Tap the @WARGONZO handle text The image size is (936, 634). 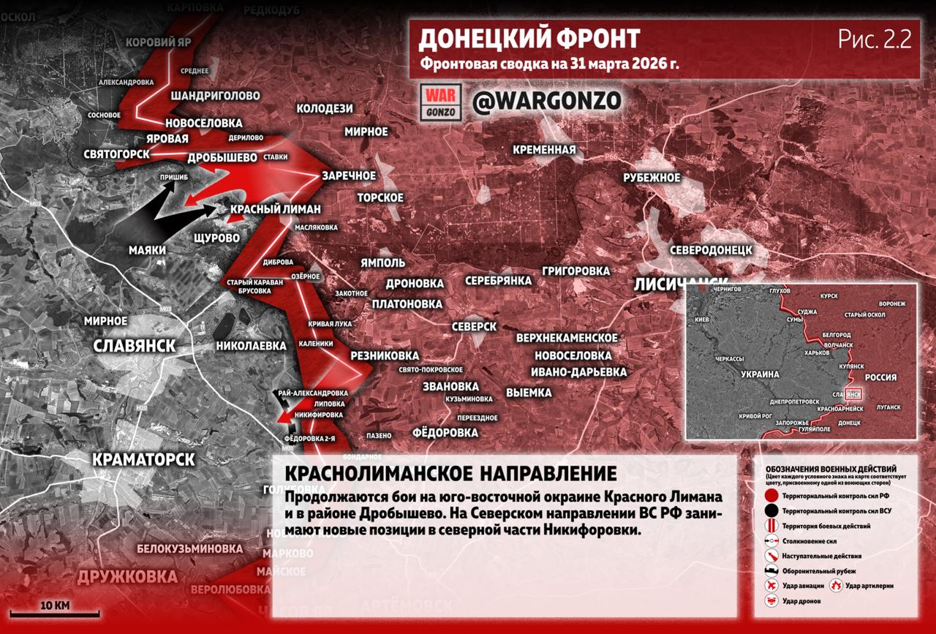[x=547, y=101]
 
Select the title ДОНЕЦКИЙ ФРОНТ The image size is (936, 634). [x=529, y=39]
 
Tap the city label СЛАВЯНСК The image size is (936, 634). [x=135, y=346]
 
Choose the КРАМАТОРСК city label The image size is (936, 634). [x=143, y=459]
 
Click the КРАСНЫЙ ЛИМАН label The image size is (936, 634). [x=275, y=209]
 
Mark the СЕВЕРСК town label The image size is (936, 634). [x=474, y=326]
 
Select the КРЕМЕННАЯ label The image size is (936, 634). [x=544, y=150]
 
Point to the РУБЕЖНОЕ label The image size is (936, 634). [x=652, y=178]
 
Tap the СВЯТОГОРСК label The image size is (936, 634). [x=116, y=154]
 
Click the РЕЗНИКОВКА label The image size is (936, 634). [x=385, y=355]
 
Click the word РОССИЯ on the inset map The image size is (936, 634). [x=880, y=377]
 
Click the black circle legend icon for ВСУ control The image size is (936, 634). [x=771, y=510]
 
